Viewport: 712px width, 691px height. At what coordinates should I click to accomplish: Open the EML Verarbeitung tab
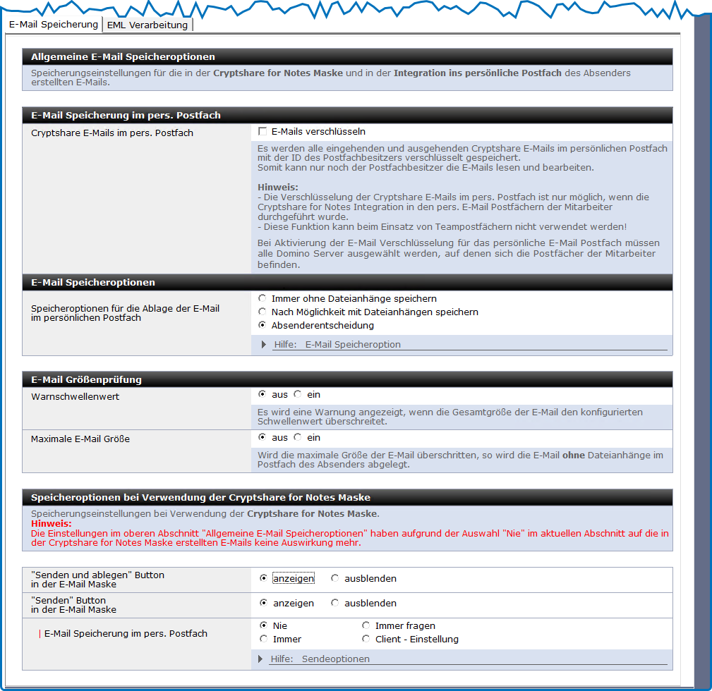pos(147,25)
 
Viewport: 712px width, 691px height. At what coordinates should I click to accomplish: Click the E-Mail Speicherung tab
pos(54,24)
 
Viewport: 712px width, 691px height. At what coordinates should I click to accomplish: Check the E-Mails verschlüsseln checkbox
pos(263,132)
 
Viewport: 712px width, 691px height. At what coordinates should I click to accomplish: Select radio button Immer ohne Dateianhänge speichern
pos(263,299)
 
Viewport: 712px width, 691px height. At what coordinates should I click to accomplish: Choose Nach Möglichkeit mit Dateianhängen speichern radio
pos(263,312)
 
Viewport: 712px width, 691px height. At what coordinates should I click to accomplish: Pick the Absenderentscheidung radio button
pos(263,326)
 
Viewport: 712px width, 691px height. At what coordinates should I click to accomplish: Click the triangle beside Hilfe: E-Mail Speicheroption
pos(264,345)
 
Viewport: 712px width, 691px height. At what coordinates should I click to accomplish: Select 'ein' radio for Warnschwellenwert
pos(298,395)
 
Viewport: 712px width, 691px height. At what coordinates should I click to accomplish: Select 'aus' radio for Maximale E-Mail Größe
pos(263,438)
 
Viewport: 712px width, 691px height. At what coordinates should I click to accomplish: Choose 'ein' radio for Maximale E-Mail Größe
pos(298,438)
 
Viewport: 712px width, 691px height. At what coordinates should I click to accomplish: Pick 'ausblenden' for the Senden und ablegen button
pos(335,579)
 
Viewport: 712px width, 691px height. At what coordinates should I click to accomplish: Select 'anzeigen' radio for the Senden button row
pos(264,604)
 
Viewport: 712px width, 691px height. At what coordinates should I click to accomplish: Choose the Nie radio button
pos(264,626)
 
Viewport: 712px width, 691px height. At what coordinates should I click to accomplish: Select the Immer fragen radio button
pos(366,626)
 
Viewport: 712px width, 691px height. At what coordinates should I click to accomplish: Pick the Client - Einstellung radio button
pos(366,640)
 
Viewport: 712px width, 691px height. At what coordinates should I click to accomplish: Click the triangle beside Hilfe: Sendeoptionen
pos(261,659)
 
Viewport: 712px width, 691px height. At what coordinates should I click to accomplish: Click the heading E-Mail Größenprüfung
pos(87,380)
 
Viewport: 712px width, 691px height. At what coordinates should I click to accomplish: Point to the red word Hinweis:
pos(52,524)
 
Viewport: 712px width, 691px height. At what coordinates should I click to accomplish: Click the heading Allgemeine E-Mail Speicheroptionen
pos(123,56)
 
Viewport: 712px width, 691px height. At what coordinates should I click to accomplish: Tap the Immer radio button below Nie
pos(264,640)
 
